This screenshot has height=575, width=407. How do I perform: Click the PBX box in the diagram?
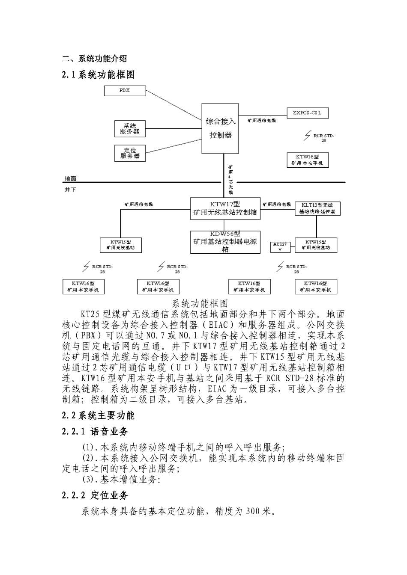126,91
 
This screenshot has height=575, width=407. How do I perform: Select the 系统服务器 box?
130,129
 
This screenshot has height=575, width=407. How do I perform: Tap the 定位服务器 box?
130,153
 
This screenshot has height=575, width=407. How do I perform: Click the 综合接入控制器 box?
220,128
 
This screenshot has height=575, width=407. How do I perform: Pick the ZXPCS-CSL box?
307,113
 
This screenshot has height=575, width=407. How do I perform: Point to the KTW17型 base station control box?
225,208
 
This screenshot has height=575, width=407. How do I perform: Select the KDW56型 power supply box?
225,242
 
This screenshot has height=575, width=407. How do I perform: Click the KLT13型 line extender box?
318,208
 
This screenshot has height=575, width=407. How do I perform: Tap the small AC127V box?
281,247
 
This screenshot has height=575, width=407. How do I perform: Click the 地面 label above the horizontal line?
71,178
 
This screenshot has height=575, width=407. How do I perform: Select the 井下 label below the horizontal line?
71,190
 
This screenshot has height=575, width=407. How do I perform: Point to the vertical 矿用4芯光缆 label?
230,180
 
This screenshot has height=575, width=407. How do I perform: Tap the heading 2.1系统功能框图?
99,75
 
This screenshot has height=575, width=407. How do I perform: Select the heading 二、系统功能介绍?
94,59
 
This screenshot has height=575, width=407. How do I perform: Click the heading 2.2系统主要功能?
99,415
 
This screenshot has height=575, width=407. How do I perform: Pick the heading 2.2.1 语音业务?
95,432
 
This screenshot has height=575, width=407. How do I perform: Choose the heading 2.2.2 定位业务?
95,495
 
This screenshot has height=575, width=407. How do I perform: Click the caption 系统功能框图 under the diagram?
200,304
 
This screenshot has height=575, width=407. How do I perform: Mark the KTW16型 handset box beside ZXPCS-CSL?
307,160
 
